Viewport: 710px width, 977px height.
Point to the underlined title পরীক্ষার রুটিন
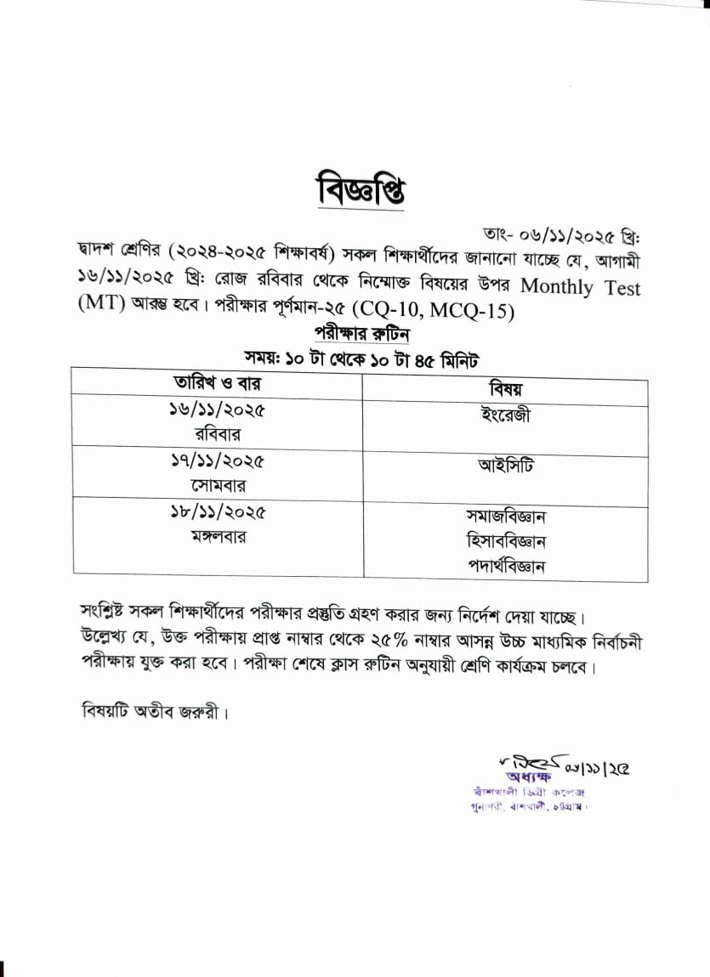[355, 334]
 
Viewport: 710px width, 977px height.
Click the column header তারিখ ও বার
[217, 383]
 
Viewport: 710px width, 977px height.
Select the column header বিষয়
[505, 388]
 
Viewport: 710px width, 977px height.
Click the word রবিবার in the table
[217, 434]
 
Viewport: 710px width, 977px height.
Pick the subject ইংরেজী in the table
[505, 416]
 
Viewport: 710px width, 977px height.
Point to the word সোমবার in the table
[217, 485]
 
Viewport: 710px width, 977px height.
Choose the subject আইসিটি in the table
[505, 466]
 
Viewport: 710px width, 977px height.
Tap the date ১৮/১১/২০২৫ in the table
[217, 512]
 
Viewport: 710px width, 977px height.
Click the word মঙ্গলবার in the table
[217, 536]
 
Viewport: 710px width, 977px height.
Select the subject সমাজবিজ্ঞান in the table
[505, 516]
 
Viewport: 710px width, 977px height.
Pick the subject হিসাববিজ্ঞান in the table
[505, 540]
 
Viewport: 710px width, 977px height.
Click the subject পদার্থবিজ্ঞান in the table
[505, 565]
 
